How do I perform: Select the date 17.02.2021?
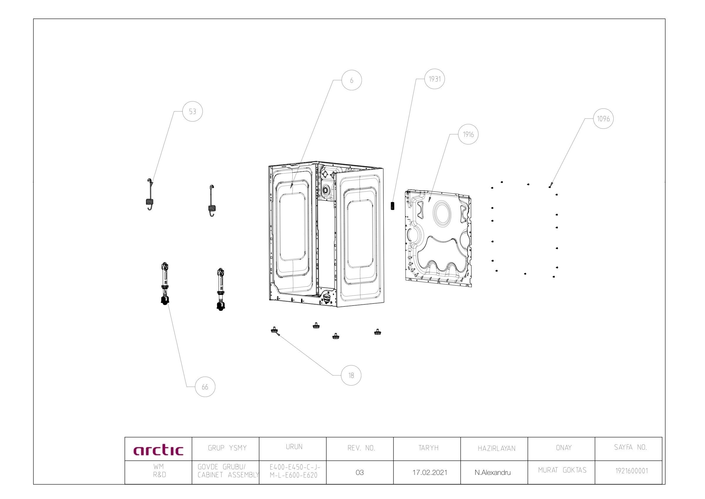[x=429, y=472]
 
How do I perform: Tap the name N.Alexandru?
[x=493, y=473]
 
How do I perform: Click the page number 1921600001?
[x=632, y=471]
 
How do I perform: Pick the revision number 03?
[x=360, y=472]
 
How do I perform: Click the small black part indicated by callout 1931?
[x=392, y=206]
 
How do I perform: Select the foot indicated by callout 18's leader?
[x=274, y=330]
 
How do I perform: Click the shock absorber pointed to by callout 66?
[x=165, y=283]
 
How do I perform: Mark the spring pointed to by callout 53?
[x=150, y=194]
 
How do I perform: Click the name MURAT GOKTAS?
[x=562, y=470]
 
